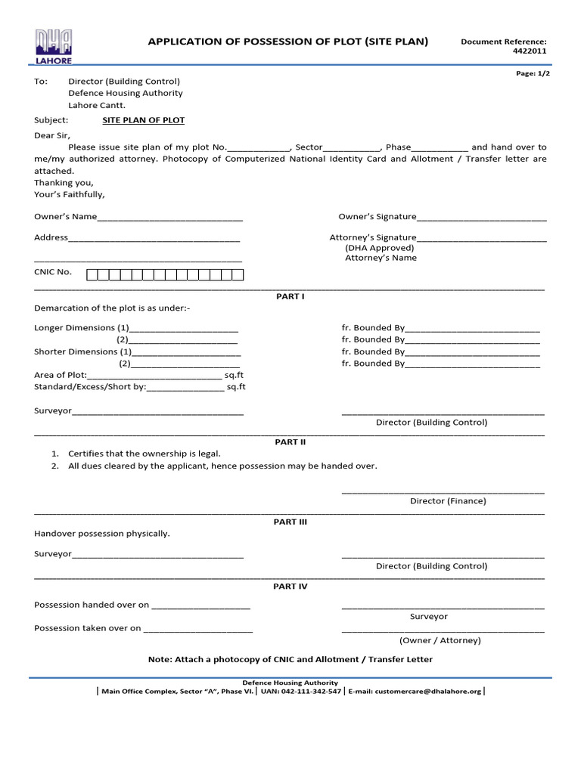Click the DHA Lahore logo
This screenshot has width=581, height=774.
pos(53,46)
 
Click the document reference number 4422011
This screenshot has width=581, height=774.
pos(531,51)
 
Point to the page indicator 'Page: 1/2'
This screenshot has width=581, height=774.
pos(533,73)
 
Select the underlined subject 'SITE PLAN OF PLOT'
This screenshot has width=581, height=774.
pos(143,120)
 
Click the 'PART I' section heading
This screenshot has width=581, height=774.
pos(290,296)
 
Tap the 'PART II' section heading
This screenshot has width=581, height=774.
pos(290,441)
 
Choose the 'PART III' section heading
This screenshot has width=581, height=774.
pos(290,522)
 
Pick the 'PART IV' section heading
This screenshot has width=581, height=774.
pos(290,586)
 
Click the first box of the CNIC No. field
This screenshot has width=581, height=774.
pos(92,274)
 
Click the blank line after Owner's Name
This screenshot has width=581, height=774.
pos(170,218)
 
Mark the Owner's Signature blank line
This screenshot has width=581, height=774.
pos(481,218)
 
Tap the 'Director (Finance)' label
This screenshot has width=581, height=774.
pos(448,500)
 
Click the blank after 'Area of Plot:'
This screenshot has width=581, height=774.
pos(155,376)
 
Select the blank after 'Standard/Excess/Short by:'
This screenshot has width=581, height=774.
pos(185,388)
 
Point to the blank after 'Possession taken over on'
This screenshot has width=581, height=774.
pos(198,630)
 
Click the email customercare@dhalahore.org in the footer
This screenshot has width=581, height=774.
pos(428,691)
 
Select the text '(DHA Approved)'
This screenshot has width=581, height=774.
pos(380,247)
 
